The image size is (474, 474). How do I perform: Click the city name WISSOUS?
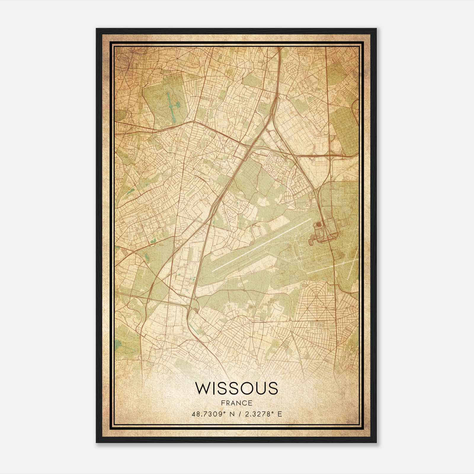click(x=237, y=388)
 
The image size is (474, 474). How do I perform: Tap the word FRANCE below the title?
click(x=237, y=403)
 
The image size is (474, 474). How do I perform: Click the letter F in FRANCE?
click(x=223, y=403)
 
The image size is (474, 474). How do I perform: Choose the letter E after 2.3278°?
click(x=280, y=414)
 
